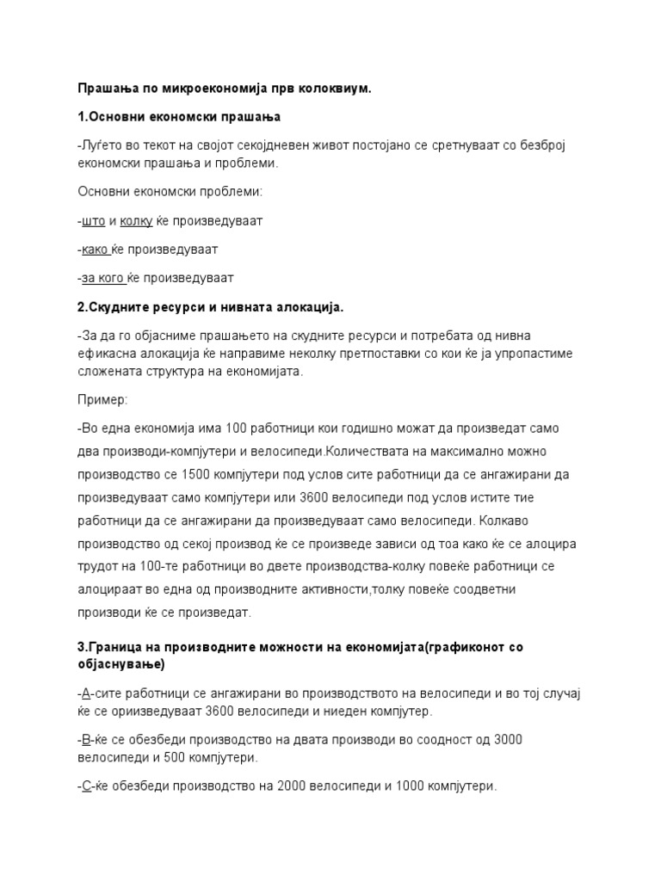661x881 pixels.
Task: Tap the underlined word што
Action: tap(94, 221)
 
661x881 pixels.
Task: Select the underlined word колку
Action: tap(136, 221)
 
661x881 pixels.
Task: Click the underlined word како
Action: tap(95, 250)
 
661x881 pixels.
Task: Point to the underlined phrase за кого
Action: tap(103, 278)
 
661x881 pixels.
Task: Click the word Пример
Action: tap(102, 400)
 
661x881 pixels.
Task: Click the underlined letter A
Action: tap(86, 693)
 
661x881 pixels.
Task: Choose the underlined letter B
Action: tap(86, 740)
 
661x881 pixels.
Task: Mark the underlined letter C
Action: tap(87, 786)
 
